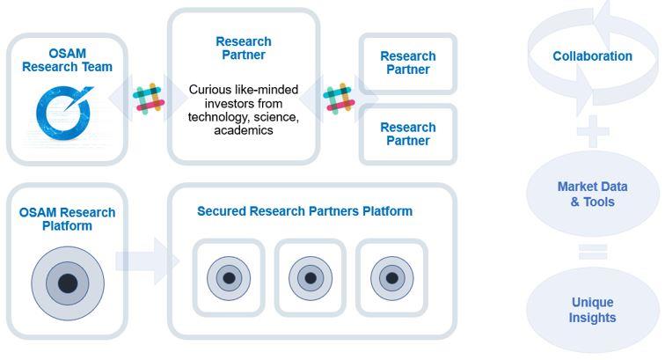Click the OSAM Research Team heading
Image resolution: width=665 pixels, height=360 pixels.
coord(67,60)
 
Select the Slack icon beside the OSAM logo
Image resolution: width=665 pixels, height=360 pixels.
coord(150,98)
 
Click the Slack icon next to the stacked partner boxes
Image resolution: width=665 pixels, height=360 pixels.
coord(339,99)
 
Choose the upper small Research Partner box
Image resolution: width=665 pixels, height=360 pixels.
coord(407,63)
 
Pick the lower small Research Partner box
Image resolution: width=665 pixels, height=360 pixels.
coord(407,134)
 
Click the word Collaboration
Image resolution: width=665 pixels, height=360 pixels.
coord(592,56)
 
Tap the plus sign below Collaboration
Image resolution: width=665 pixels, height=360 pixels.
coord(592,132)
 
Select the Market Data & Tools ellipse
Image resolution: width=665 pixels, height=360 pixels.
coord(592,195)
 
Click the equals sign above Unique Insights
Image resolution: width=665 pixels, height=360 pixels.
coord(592,253)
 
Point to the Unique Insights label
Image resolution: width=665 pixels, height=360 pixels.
coord(592,310)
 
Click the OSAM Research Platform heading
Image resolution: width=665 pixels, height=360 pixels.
coord(67,219)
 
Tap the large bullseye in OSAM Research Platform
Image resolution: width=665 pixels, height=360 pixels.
coord(67,283)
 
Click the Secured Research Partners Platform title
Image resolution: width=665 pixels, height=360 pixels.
coord(304,211)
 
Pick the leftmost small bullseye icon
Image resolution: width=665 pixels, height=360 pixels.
coord(229,278)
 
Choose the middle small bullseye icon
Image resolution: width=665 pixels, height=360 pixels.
coord(310,278)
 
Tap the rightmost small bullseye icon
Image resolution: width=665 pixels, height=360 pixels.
coord(391,278)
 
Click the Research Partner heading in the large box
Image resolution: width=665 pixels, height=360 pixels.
coord(244,48)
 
